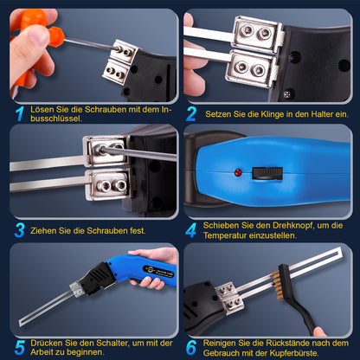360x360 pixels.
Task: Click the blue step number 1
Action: click(18, 112)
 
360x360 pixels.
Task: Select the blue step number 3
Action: click(18, 229)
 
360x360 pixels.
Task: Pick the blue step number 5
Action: click(18, 344)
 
